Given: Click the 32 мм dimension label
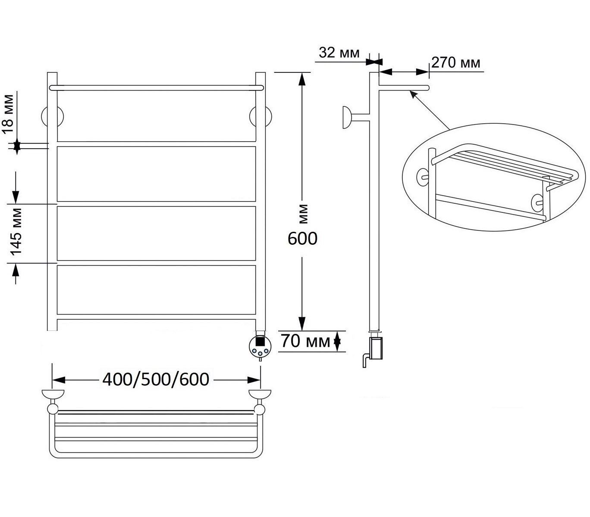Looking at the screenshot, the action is [x=339, y=53].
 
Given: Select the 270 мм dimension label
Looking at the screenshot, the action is [x=456, y=62].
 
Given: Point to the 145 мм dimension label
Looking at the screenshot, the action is [x=16, y=232].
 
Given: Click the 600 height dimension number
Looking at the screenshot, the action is [x=302, y=239].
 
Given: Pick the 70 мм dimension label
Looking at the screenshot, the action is [x=305, y=341].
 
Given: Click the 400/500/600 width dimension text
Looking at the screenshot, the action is [x=156, y=380].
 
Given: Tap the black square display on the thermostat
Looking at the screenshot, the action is [x=260, y=341].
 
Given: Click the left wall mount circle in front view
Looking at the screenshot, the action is [x=53, y=116].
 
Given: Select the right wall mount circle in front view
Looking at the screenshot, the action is [x=260, y=116].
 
